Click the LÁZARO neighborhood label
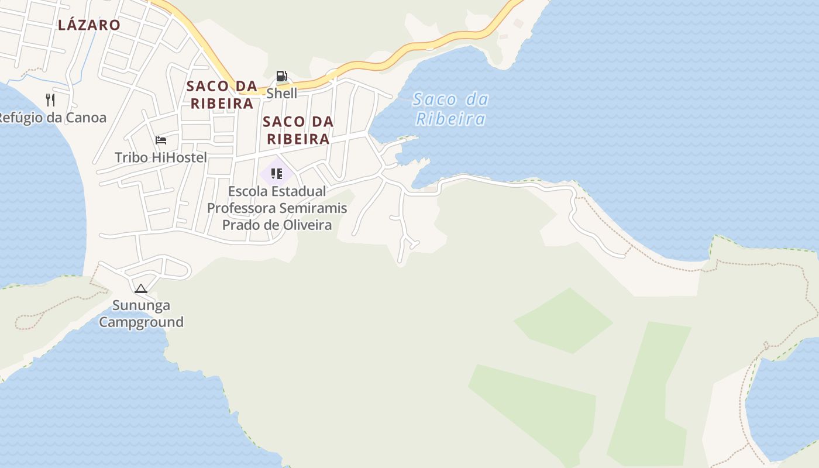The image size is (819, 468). point(89,25)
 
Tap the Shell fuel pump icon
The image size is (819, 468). point(281,76)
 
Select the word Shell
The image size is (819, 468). point(281,93)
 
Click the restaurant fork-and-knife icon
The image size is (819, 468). point(50,100)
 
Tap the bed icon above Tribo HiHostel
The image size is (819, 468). point(161,140)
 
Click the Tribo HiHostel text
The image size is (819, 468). point(160,157)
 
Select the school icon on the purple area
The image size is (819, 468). point(277,174)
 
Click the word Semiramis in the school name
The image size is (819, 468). point(313,208)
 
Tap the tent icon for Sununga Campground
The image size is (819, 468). point(140,288)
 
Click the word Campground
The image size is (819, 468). point(141,322)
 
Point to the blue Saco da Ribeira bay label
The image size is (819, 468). point(450,109)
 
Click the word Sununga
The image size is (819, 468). point(141,305)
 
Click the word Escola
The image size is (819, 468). point(248,191)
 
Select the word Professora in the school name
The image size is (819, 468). point(241,208)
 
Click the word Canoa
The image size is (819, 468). point(85,118)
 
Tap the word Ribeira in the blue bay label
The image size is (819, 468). point(450,119)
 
